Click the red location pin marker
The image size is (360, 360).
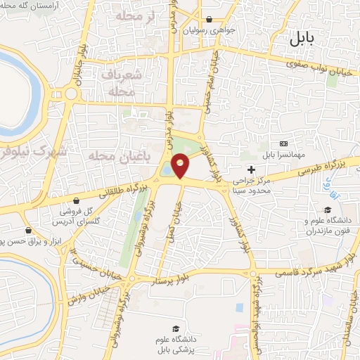tap(181, 166)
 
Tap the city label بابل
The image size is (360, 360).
tap(304, 40)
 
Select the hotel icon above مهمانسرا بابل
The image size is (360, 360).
tap(283, 143)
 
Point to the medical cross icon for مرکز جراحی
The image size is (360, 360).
tap(251, 169)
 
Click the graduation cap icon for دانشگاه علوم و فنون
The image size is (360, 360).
tap(327, 210)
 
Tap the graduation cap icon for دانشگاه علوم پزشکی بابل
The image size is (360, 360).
tap(176, 329)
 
